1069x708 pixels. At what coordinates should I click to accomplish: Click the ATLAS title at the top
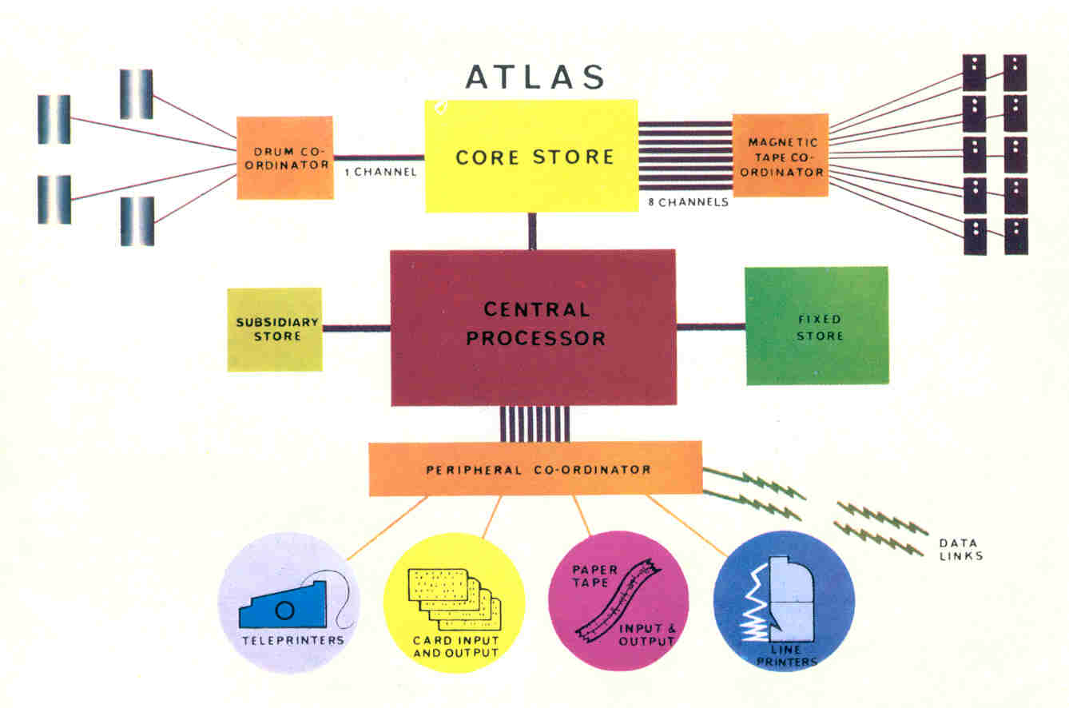tap(534, 77)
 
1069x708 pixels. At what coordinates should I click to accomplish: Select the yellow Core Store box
tap(531, 156)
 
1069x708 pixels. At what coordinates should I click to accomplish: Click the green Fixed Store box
tap(817, 325)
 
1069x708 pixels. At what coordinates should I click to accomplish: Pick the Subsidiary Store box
tap(275, 329)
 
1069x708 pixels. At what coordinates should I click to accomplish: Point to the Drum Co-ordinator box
tap(284, 157)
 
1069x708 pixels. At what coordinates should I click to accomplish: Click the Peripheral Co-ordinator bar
tap(535, 469)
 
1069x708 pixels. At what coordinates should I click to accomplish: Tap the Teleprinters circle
tap(288, 602)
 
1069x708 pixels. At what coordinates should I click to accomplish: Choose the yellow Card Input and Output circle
tap(454, 602)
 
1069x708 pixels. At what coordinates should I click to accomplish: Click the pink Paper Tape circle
tap(618, 601)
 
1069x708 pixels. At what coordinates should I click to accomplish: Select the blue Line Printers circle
tap(784, 601)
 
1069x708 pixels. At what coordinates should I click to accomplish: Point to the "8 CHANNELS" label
tap(689, 202)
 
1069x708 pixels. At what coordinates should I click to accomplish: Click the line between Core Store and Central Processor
tap(532, 232)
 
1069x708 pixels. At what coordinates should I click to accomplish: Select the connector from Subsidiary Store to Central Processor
tap(356, 328)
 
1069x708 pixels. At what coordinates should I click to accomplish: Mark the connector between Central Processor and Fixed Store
tap(710, 326)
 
